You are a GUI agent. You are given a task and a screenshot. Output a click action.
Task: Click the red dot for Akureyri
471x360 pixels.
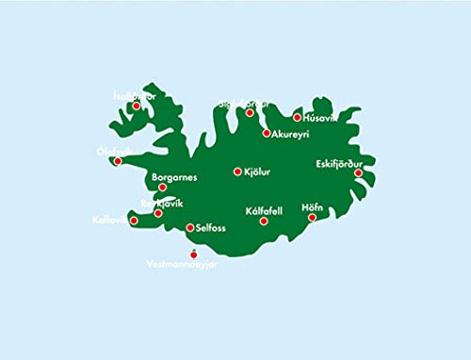coord(266,134)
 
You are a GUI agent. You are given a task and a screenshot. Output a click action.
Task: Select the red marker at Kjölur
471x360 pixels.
coord(237,172)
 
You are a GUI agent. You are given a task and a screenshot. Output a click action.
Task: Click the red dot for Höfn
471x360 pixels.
coord(313,218)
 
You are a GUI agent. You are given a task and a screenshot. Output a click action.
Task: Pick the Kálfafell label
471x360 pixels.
coord(264,211)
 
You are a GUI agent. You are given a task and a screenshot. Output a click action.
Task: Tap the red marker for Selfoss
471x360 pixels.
coord(190,227)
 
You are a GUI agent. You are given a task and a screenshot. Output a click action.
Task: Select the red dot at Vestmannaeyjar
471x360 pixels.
coord(193,253)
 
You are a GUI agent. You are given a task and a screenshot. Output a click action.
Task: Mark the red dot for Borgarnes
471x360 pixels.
coord(163,187)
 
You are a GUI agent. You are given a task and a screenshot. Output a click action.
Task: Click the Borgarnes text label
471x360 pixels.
coord(172,176)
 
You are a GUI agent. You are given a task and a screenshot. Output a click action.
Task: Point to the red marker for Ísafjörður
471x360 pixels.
coord(137,106)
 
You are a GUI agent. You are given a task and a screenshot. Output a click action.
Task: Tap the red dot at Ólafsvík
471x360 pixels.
coord(118,161)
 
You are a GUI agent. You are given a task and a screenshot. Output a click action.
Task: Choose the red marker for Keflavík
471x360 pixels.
coord(134,221)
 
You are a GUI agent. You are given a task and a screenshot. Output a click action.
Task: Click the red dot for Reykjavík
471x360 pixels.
coord(158,213)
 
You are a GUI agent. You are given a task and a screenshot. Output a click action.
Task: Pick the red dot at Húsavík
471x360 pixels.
coord(298,118)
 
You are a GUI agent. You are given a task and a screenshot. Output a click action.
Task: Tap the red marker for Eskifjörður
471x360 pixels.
coord(358,172)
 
